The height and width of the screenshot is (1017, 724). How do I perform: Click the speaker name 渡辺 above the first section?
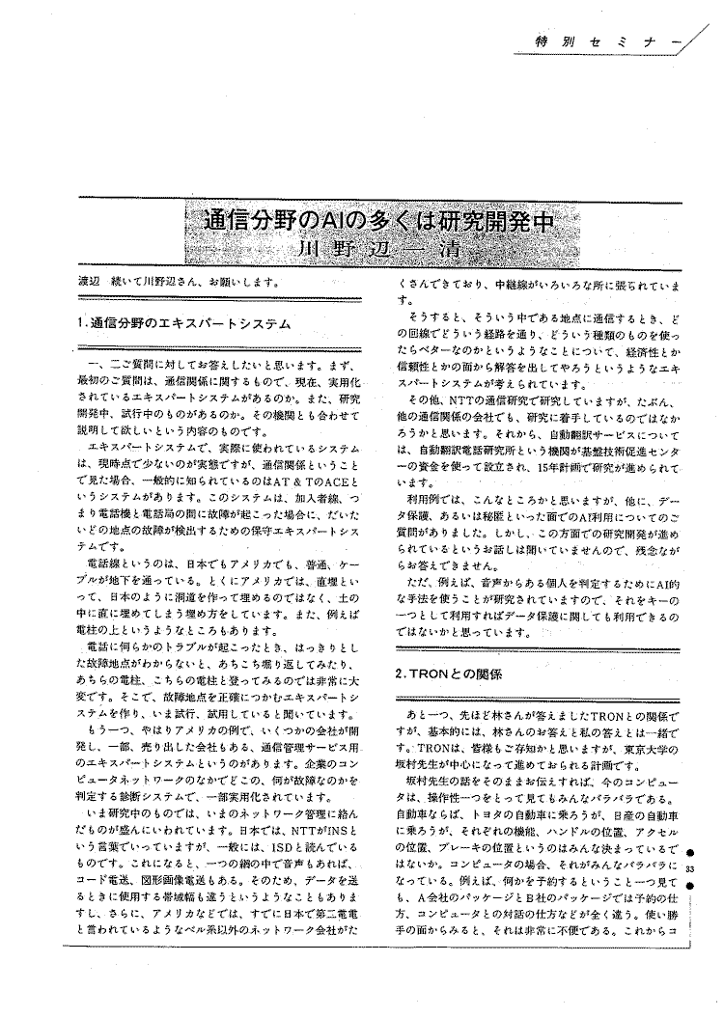click(90, 283)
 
